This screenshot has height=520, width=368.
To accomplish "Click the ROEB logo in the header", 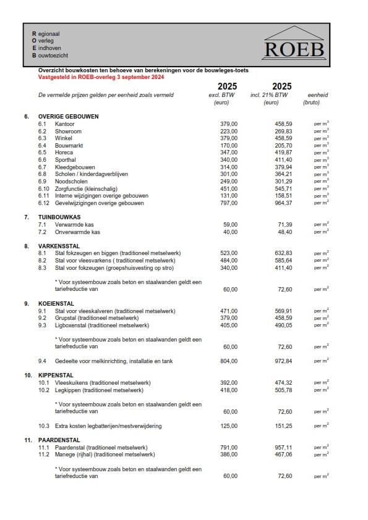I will pyautogui.click(x=293, y=43).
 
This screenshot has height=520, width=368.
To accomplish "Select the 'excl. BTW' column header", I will pyautogui.click(x=223, y=95).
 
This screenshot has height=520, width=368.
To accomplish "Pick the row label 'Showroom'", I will pyautogui.click(x=68, y=132).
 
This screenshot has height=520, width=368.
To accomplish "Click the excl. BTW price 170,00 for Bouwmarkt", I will pyautogui.click(x=229, y=146).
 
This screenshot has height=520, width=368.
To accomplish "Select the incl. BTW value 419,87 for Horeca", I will pyautogui.click(x=283, y=153).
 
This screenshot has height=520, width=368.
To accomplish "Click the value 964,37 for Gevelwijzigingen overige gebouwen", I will pyautogui.click(x=283, y=203).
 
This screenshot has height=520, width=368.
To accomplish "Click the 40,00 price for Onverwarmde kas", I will pyautogui.click(x=230, y=232).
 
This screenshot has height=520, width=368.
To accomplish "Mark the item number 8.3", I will pyautogui.click(x=42, y=268).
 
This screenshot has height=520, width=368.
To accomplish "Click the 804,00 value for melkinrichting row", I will pyautogui.click(x=229, y=361).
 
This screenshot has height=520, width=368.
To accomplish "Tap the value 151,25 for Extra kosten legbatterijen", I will pyautogui.click(x=283, y=426).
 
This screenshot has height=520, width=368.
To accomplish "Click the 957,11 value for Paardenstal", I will pyautogui.click(x=283, y=447).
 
